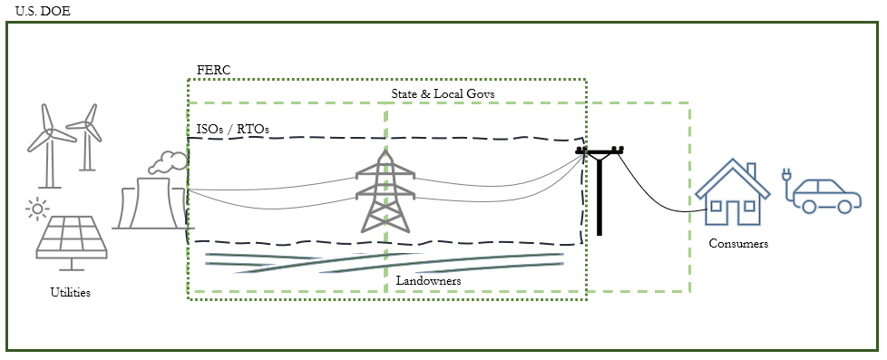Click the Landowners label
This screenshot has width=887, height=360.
click(428, 282)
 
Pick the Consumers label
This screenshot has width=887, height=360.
click(738, 244)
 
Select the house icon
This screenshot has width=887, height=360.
click(731, 192)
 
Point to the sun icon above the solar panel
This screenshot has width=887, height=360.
click(36, 209)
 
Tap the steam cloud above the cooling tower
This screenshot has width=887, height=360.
click(167, 161)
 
